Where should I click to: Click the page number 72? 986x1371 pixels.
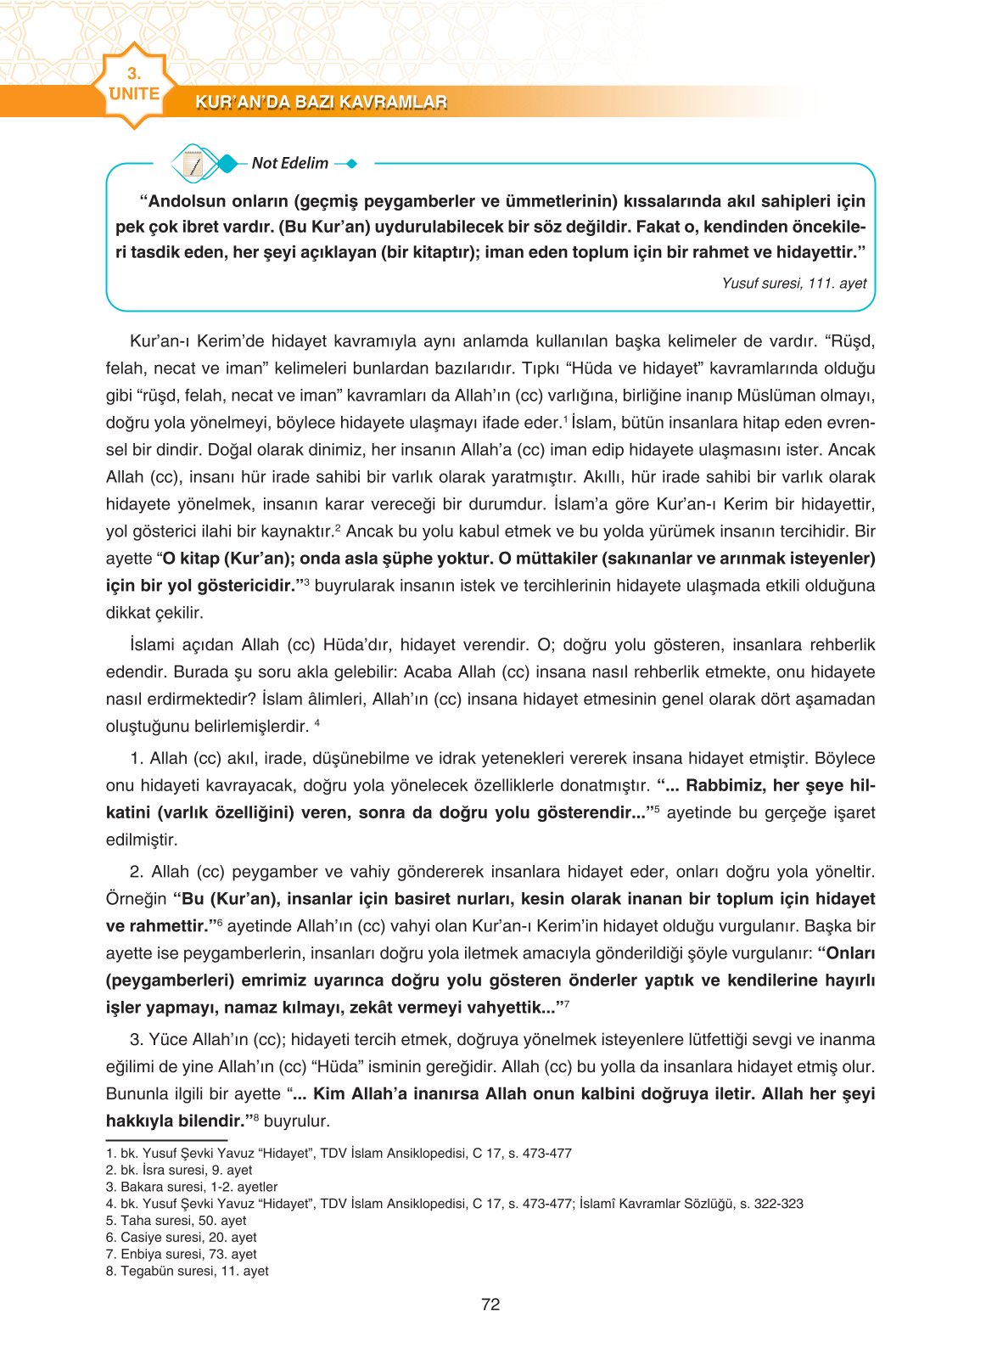490,1305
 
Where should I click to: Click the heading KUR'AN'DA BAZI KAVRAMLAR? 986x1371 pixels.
321,103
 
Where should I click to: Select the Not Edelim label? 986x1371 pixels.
289,163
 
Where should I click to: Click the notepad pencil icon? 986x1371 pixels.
194,164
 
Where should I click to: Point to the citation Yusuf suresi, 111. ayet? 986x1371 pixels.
793,284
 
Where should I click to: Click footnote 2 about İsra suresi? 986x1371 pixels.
179,1170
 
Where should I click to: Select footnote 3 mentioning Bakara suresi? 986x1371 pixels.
192,1187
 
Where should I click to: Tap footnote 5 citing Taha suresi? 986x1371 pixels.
176,1221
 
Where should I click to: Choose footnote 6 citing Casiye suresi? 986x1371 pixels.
181,1238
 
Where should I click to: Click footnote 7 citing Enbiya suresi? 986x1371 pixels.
181,1254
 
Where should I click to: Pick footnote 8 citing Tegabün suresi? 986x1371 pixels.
187,1271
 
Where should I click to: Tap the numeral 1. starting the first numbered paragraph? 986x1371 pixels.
137,759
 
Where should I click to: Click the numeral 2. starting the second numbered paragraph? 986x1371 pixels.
137,872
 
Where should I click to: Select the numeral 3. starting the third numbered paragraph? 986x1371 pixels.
137,1040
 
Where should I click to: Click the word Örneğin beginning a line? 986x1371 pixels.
136,899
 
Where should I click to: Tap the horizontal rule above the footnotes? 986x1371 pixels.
166,1140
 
